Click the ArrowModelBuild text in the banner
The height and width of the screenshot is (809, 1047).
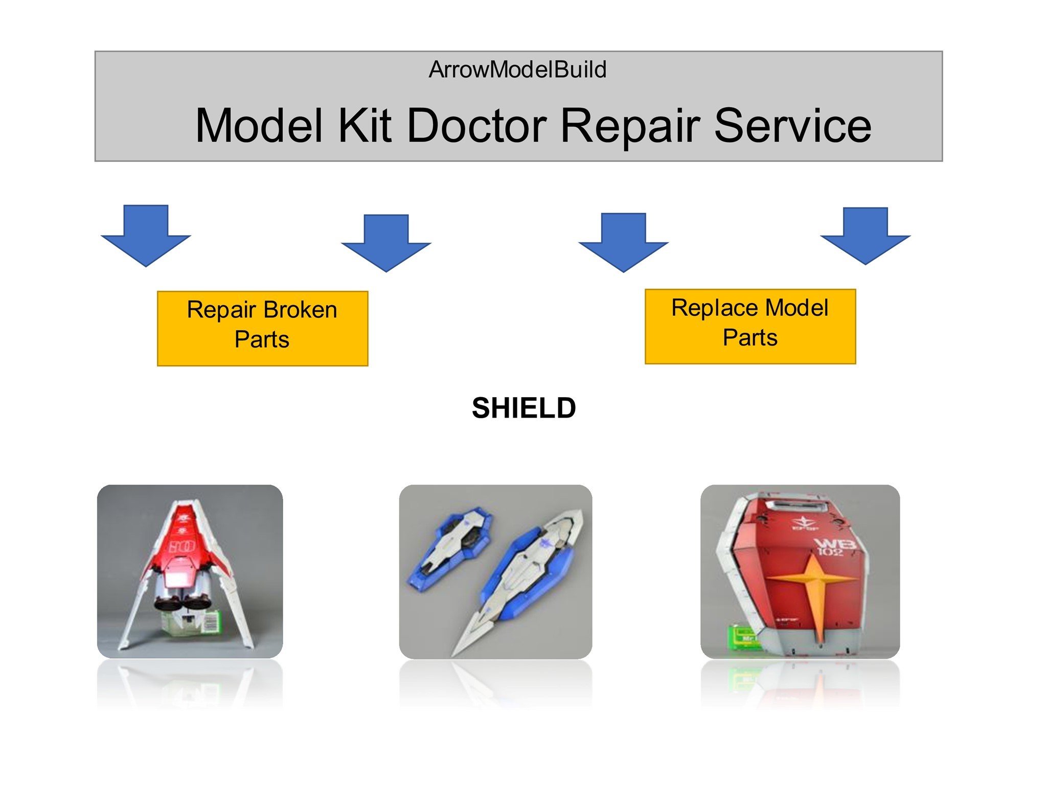(517, 70)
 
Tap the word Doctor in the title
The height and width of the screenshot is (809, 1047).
(477, 125)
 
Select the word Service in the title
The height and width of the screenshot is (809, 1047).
(792, 125)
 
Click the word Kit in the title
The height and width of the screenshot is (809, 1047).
(365, 125)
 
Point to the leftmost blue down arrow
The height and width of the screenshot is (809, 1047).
(146, 235)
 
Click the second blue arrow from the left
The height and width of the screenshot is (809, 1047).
(386, 243)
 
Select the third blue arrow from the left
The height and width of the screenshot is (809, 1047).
(623, 242)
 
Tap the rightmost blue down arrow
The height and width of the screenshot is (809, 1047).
(865, 236)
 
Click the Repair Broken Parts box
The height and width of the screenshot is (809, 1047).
(262, 329)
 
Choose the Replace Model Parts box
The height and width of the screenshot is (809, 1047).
(750, 327)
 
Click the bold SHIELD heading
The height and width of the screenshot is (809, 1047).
(523, 408)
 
